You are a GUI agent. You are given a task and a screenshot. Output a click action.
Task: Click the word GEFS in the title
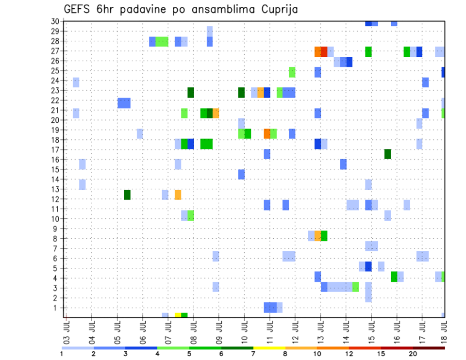tap(79, 9)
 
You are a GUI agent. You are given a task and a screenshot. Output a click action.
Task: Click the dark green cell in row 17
tap(387, 154)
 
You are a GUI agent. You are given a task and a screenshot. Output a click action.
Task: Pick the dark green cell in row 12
tap(127, 195)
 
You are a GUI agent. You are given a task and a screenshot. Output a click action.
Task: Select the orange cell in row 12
tap(178, 195)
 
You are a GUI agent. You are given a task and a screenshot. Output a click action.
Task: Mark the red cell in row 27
tap(324, 51)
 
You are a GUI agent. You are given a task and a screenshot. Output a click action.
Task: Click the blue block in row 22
tap(124, 103)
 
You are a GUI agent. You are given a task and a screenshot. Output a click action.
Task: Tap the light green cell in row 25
tap(292, 72)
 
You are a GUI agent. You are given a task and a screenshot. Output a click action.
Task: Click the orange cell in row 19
tap(267, 133)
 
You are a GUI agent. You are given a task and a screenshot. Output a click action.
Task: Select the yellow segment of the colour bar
tap(269, 348)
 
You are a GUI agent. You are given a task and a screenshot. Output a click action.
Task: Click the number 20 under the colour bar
tap(413, 354)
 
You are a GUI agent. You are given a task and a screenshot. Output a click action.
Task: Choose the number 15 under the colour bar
tap(381, 354)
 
